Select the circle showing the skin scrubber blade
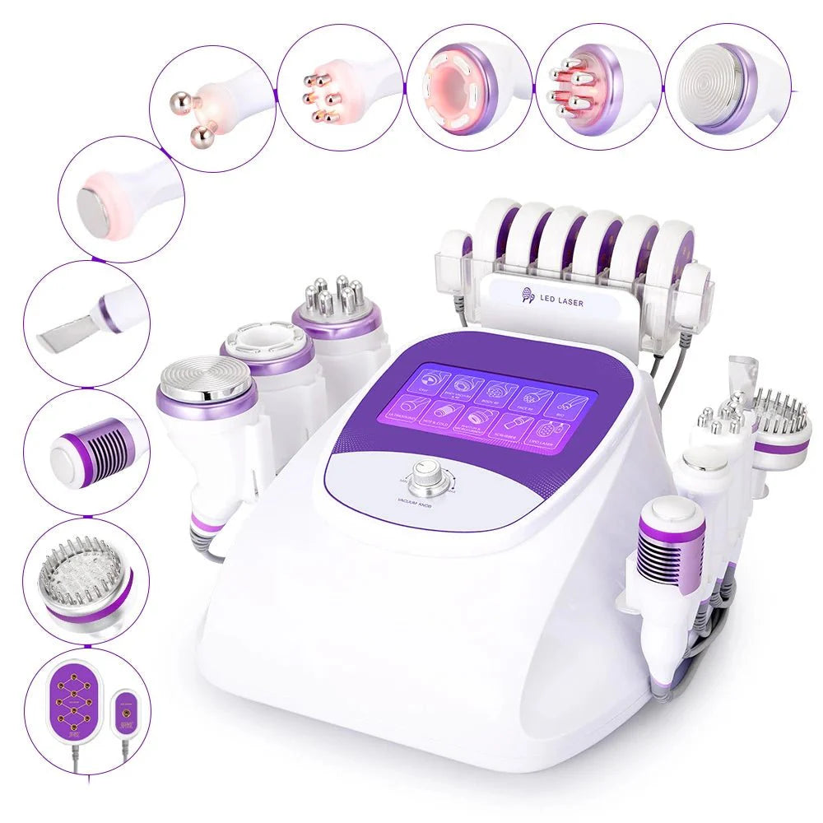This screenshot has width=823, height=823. [86, 323]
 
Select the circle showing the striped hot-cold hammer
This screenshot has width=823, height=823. [86, 452]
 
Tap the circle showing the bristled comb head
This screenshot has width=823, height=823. [86, 580]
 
